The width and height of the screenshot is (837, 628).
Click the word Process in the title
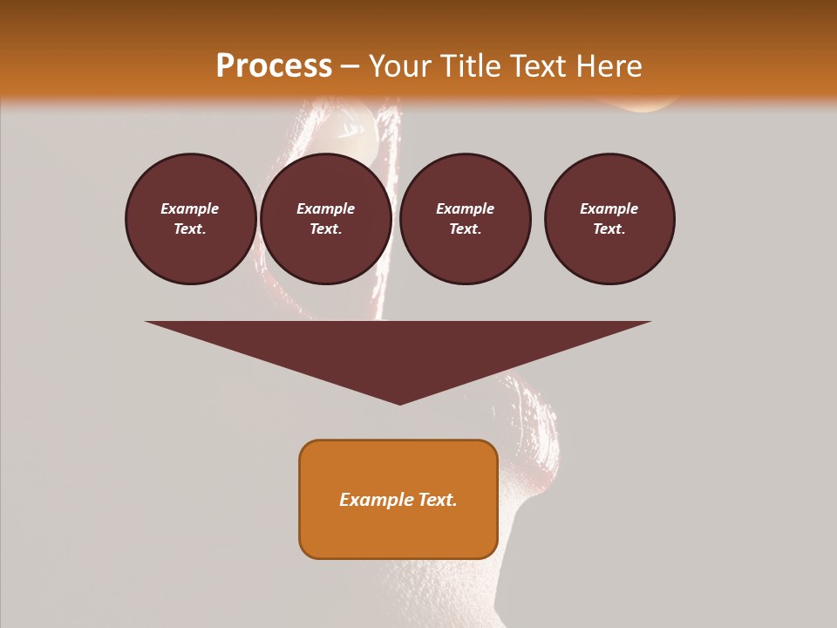click(x=274, y=66)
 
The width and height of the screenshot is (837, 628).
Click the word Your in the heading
click(x=400, y=66)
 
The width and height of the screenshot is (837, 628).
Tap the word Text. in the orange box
click(x=437, y=500)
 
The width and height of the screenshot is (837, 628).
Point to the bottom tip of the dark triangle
click(x=399, y=403)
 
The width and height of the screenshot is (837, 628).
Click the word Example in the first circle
click(x=190, y=208)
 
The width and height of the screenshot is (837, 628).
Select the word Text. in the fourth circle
click(x=609, y=229)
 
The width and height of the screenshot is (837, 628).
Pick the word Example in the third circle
click(x=465, y=208)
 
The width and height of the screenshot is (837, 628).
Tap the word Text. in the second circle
click(x=326, y=229)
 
